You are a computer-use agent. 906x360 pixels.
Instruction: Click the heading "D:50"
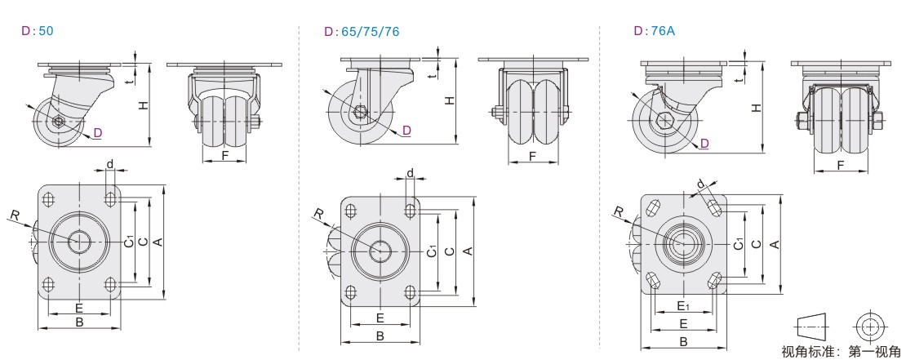pos(38,31)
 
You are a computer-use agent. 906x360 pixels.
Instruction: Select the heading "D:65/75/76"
pos(362,32)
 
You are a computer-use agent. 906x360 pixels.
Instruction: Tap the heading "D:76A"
pos(654,31)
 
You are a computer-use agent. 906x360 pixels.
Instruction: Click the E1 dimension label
pos(683,305)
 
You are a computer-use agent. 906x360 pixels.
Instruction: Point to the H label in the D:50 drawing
pos(143,105)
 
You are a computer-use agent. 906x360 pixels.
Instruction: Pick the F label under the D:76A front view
pos(841,166)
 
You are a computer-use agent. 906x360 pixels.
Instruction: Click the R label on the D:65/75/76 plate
pos(318,215)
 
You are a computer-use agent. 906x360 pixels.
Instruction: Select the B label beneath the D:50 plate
pos(80,322)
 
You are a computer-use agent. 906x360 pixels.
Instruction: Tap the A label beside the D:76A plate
pos(775,244)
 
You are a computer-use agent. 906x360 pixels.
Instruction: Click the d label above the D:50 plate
pos(109,164)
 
